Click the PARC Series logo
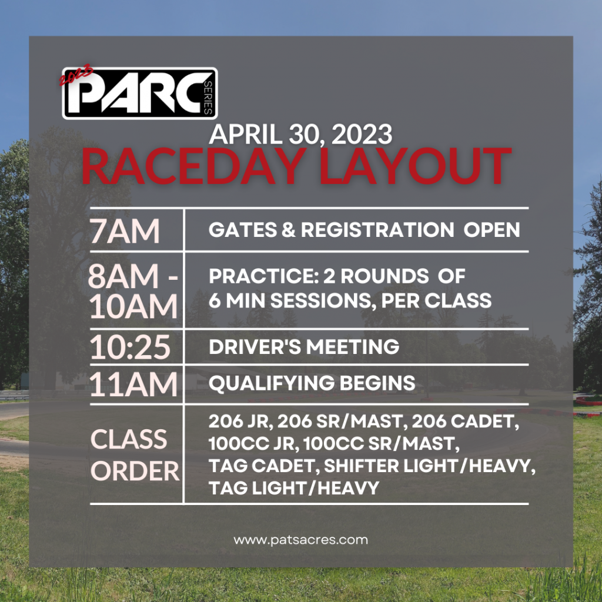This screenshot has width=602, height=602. tap(140, 93)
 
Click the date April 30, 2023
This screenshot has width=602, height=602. tap(300, 135)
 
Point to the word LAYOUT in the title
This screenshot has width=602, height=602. tap(416, 166)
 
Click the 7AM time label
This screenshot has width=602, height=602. tap(125, 230)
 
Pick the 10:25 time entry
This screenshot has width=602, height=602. tap(130, 347)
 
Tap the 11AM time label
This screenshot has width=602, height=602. tap(133, 383)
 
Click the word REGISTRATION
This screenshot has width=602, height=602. tap(377, 230)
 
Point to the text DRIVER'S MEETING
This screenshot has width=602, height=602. tap(304, 346)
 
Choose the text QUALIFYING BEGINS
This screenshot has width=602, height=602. tap(312, 383)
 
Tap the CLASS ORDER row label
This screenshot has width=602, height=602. tap(135, 455)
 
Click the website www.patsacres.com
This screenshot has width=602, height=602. tap(300, 540)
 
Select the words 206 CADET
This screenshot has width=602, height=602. tap(466, 421)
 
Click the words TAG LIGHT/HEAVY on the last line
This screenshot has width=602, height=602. tap(294, 488)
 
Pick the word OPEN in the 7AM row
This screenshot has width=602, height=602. tap(492, 230)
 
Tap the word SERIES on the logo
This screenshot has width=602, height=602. tap(208, 98)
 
